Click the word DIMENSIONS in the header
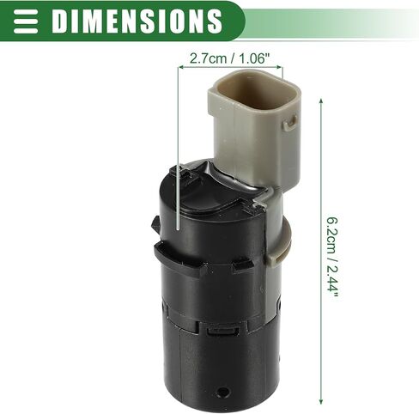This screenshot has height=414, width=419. (x=137, y=21)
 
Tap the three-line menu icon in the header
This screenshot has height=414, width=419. (x=26, y=21)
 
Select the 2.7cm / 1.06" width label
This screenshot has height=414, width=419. (x=230, y=58)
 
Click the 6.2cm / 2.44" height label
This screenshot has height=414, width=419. (x=333, y=259)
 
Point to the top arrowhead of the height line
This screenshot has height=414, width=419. (x=321, y=101)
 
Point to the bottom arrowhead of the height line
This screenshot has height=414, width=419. (x=321, y=401)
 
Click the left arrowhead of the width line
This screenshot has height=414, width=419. (x=180, y=67)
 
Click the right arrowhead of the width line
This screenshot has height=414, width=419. (x=280, y=67)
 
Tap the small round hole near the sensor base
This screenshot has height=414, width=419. (x=222, y=392)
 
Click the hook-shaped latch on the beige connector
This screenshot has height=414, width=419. (x=289, y=123)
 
